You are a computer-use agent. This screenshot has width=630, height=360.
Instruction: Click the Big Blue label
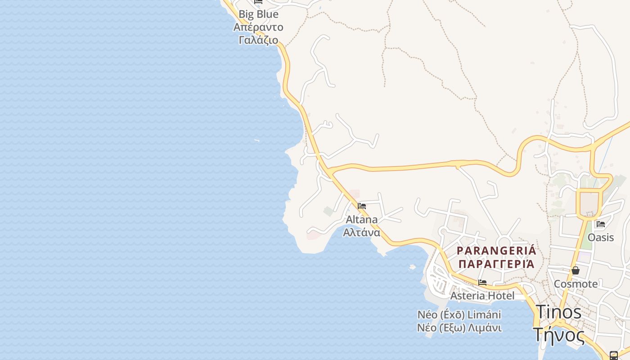[x=258, y=14]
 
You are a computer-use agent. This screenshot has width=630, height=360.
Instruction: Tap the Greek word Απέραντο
[x=258, y=27]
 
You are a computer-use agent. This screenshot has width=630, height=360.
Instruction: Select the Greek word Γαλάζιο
[x=258, y=40]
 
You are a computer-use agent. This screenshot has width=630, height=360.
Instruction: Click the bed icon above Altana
[x=362, y=206]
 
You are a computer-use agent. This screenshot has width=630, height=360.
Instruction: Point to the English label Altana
[x=361, y=220]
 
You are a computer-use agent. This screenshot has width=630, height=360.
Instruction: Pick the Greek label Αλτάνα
[x=361, y=232]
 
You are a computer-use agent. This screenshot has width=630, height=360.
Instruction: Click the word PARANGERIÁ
[x=496, y=251]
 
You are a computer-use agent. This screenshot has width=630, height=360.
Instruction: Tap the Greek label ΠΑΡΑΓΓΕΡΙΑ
[x=496, y=264]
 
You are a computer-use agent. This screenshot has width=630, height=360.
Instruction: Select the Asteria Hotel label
[x=482, y=296]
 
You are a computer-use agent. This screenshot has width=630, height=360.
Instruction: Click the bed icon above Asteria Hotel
[x=482, y=283]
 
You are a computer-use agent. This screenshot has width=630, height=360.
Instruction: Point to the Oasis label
[x=601, y=237]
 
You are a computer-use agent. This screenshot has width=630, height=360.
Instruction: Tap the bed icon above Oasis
[x=600, y=224]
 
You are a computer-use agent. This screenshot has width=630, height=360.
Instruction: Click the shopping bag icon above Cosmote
[x=575, y=270]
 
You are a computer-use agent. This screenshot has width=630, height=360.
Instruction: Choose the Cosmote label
[x=576, y=284]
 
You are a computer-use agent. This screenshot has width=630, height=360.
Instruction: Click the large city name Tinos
[x=558, y=312]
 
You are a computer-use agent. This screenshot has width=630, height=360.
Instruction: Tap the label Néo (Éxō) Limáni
[x=459, y=315]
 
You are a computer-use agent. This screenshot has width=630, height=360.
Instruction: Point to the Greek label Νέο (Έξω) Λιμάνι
[x=459, y=328]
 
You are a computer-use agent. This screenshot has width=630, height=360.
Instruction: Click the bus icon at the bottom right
[x=613, y=355]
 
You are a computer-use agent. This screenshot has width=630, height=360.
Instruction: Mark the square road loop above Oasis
[x=589, y=204]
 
